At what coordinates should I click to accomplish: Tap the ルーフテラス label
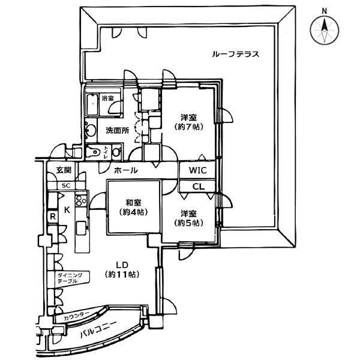[x=236, y=55]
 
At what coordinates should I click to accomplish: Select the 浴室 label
[x=107, y=98]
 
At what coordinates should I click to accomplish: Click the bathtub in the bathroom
[x=93, y=104]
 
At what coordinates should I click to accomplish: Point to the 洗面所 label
[x=118, y=131]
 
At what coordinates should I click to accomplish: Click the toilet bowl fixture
[x=94, y=152]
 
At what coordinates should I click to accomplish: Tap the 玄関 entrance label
[x=64, y=170]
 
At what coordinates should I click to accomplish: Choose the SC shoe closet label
[x=66, y=186]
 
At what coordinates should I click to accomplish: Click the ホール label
[x=126, y=170]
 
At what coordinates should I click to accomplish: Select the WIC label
[x=197, y=170]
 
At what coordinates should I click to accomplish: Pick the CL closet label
[x=199, y=187]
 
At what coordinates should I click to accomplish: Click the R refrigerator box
[x=53, y=216]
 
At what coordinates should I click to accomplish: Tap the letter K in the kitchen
[x=67, y=210]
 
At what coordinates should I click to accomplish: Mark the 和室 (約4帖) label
[x=133, y=208]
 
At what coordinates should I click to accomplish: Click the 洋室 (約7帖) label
[x=189, y=122]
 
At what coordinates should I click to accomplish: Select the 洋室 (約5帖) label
[x=189, y=218]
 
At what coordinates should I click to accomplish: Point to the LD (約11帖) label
[x=122, y=270]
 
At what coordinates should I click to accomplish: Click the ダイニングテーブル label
[x=70, y=278]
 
